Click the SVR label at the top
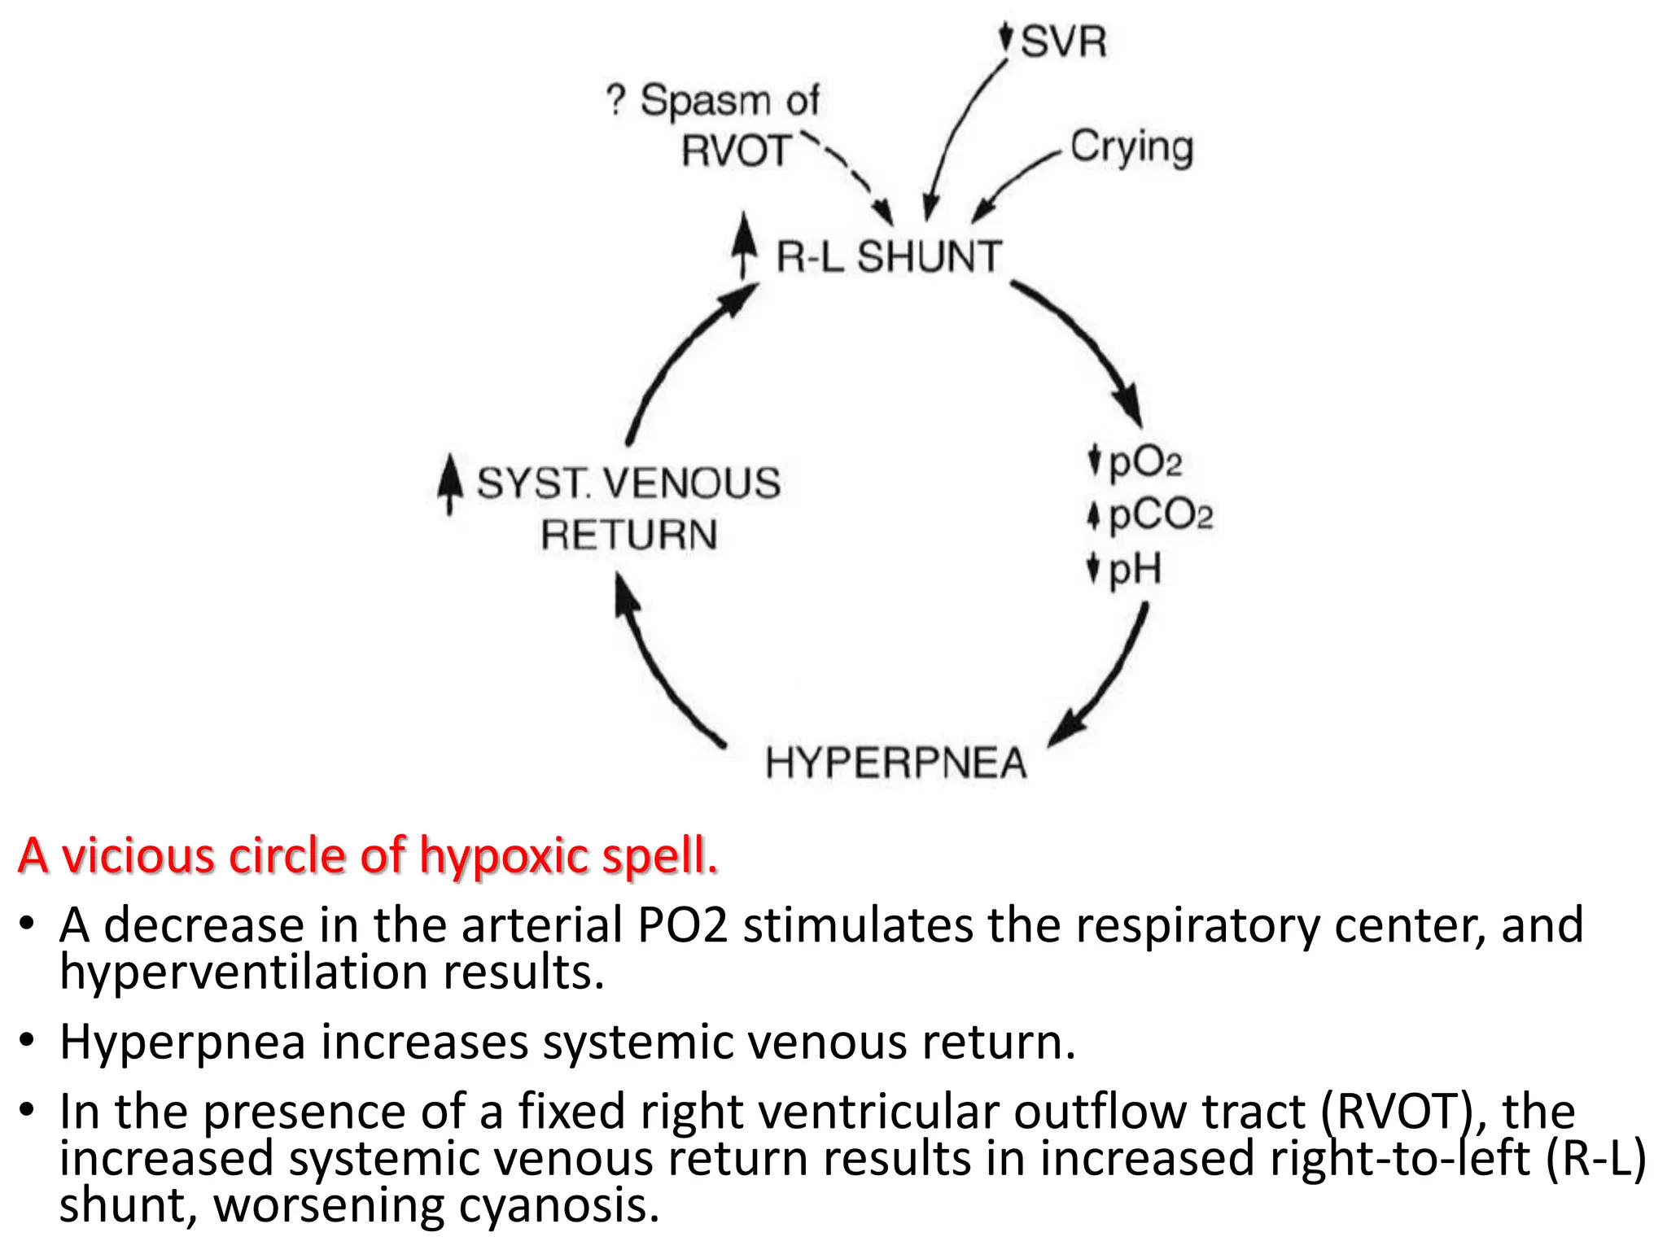tap(1063, 42)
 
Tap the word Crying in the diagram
tap(1131, 147)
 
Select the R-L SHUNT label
tap(888, 256)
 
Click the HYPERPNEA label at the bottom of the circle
tap(896, 763)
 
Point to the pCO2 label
tap(1160, 515)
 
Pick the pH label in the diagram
tap(1135, 568)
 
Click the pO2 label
tap(1144, 462)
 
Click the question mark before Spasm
tap(616, 100)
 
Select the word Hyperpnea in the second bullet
tap(182, 1042)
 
